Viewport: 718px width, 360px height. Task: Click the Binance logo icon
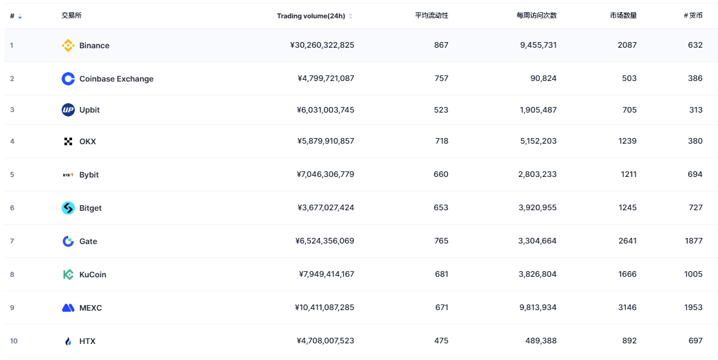[68, 45]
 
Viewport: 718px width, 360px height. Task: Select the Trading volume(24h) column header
[311, 16]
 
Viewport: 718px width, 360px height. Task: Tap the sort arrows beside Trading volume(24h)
[351, 16]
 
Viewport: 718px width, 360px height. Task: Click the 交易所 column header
[72, 16]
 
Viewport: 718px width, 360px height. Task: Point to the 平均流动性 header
[431, 16]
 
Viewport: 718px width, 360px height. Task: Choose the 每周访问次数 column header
[536, 16]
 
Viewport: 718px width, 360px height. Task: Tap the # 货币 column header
[693, 16]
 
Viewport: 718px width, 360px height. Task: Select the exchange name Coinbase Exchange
[116, 79]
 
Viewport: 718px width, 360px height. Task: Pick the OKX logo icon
[68, 141]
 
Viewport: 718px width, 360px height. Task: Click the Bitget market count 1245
[627, 207]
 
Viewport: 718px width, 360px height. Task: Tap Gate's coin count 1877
[694, 241]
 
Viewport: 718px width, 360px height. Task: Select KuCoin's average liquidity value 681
[441, 274]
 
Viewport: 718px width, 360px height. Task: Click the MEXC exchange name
[90, 308]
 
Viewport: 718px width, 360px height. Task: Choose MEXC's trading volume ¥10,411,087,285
[324, 307]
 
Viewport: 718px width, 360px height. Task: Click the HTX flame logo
[68, 341]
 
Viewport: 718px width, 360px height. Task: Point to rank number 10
[13, 341]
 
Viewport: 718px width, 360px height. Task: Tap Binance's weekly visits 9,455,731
[538, 45]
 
